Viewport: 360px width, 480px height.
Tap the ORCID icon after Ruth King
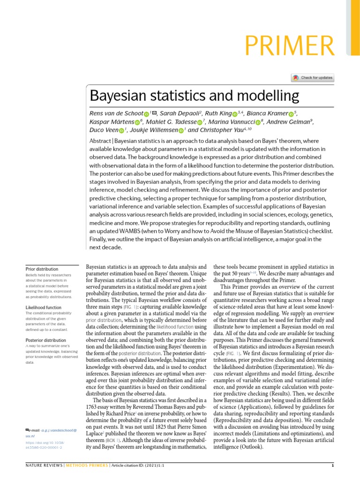pos(235,114)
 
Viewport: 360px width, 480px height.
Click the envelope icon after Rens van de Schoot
pos(153,113)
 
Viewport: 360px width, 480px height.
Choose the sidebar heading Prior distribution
pos(42,269)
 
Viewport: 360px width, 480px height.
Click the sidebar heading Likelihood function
pos(44,307)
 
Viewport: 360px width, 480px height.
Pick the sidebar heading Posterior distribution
pos(45,340)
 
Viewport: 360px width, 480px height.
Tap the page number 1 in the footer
pos(332,465)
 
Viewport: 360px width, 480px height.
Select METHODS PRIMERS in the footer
pos(86,465)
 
